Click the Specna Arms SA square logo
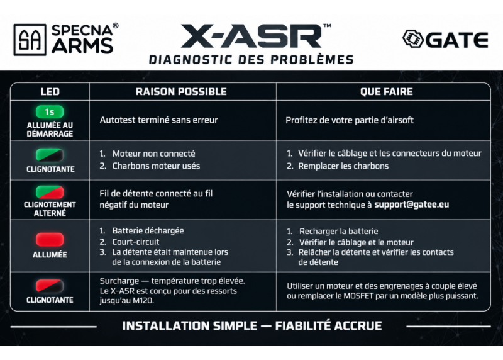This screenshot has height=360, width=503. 30,40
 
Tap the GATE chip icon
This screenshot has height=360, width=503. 413,39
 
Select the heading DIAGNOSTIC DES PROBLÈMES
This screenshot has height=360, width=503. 251,60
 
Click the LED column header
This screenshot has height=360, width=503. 50,92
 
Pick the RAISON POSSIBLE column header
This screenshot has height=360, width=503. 181,92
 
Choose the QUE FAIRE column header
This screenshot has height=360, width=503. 387,92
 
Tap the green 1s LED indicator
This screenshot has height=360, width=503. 50,112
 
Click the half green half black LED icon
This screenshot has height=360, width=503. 50,155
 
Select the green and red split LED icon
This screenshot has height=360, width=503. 50,192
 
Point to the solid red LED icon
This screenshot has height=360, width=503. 50,240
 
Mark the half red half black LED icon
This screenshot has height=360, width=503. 50,286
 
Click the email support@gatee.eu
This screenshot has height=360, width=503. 412,205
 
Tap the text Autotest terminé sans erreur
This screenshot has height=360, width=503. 159,120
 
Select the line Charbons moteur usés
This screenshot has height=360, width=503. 156,166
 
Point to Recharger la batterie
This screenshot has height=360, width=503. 338,231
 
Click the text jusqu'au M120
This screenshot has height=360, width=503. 127,301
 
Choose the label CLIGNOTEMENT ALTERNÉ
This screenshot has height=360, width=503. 50,209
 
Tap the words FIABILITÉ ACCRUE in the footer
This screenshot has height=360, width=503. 328,326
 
